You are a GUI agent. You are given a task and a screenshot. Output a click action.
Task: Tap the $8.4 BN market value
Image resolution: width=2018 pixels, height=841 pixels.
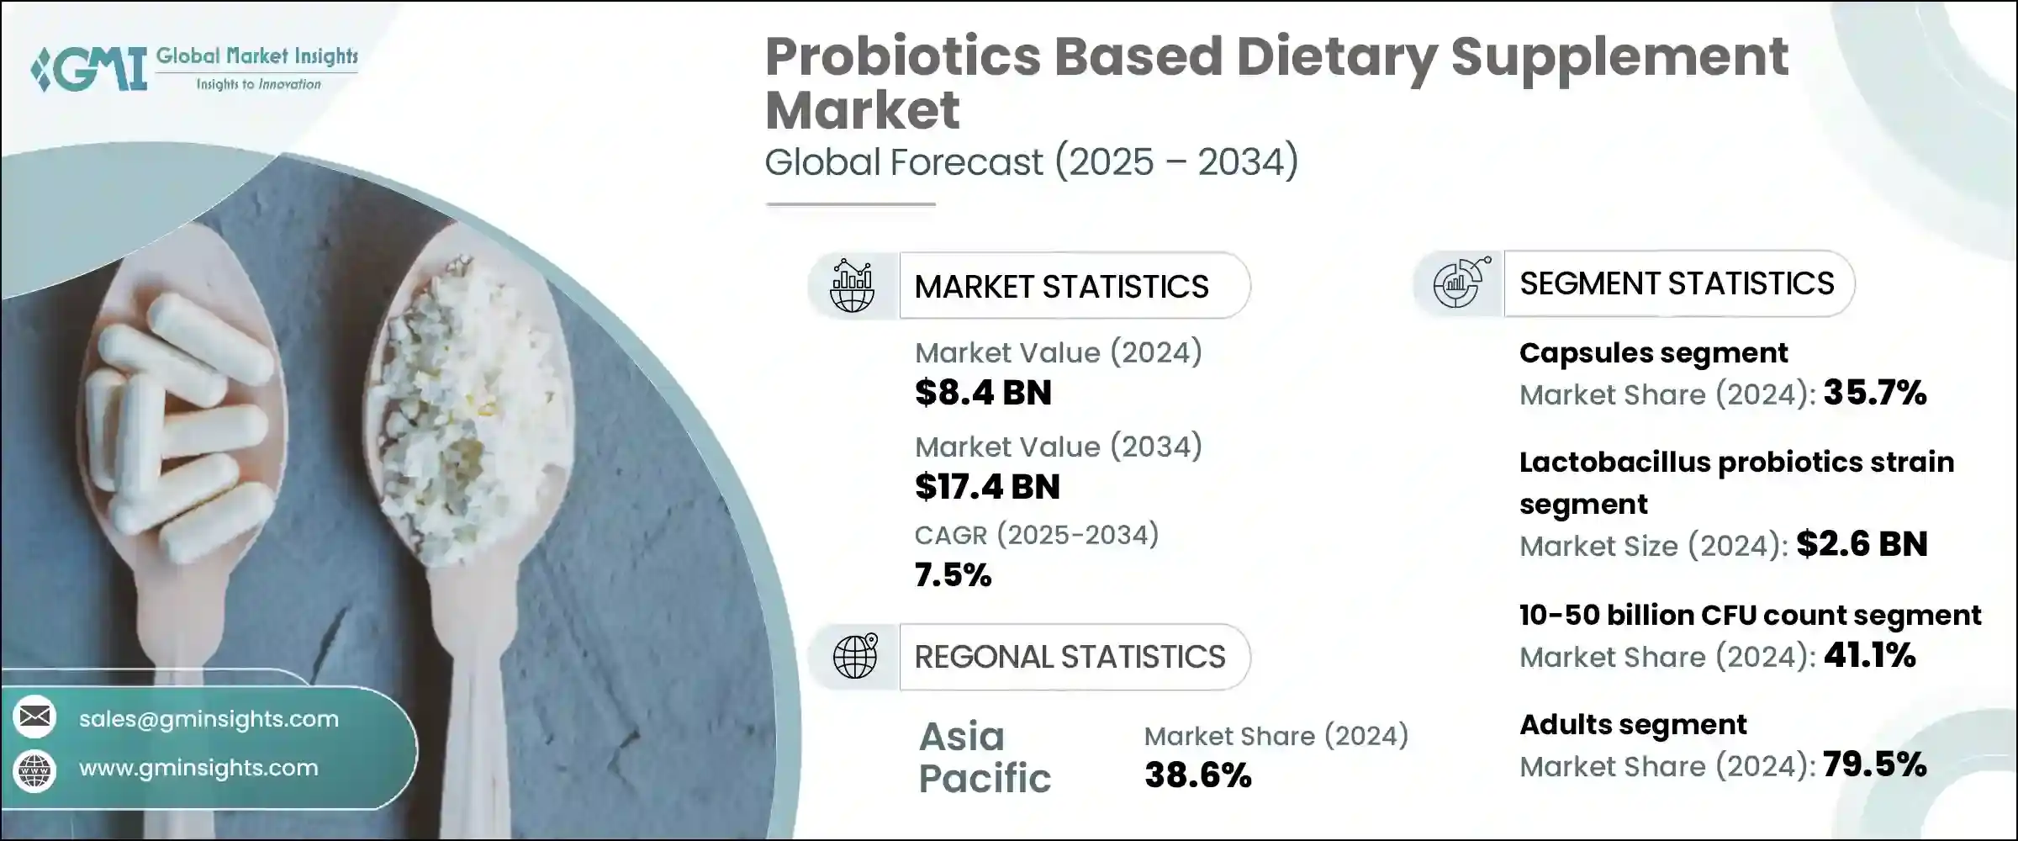click(983, 393)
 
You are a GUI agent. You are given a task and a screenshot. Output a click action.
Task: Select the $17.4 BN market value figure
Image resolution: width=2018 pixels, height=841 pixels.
click(987, 487)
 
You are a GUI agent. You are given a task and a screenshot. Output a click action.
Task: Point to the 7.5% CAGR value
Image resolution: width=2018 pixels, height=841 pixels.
click(953, 575)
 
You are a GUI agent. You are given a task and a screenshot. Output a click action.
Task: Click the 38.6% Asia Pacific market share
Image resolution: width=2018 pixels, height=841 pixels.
click(1197, 775)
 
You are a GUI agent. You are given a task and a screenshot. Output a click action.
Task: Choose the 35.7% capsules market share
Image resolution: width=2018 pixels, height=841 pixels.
click(1874, 393)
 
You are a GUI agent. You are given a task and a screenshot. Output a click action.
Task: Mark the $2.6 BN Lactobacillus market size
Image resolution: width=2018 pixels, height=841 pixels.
click(1862, 544)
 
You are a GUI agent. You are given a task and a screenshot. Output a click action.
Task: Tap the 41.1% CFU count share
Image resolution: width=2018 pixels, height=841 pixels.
click(1869, 655)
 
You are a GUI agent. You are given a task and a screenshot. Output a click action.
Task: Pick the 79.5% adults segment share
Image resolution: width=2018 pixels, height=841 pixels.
click(1874, 764)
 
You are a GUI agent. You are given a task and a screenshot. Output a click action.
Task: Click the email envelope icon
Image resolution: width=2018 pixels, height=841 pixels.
click(34, 717)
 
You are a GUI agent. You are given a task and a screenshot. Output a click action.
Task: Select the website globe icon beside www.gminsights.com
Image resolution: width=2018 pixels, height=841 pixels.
click(34, 770)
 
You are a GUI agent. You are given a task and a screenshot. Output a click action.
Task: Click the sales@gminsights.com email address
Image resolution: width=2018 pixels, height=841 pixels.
click(209, 719)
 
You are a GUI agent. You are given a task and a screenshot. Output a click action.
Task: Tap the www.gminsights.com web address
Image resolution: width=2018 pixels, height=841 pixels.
click(198, 768)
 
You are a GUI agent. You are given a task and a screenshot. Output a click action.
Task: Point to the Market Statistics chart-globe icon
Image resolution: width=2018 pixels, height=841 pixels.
click(852, 286)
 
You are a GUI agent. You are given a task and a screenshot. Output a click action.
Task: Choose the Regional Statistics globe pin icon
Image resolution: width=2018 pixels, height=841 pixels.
click(854, 656)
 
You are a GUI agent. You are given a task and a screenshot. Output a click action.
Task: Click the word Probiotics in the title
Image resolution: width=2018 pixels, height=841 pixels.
click(903, 57)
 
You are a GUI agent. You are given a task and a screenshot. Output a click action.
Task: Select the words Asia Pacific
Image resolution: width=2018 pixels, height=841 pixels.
click(984, 757)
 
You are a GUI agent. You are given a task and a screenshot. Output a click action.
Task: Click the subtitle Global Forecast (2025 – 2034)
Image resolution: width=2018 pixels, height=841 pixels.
click(1031, 161)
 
